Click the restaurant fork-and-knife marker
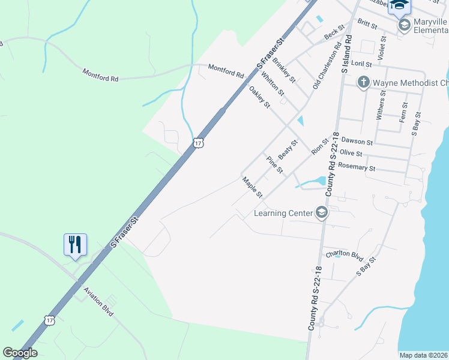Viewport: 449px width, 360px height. click(x=75, y=245)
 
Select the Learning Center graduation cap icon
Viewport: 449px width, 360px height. click(x=322, y=213)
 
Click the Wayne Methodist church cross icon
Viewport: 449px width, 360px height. click(x=363, y=82)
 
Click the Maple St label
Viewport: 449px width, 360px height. click(x=253, y=188)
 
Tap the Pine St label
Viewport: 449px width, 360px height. click(x=274, y=164)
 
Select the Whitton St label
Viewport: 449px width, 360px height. click(x=273, y=83)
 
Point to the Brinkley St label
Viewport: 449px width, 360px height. click(x=284, y=70)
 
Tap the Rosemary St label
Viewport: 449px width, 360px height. click(x=357, y=168)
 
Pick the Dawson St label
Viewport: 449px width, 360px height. click(x=357, y=142)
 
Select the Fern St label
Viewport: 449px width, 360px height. click(x=405, y=112)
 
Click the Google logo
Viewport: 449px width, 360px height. click(x=20, y=353)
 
